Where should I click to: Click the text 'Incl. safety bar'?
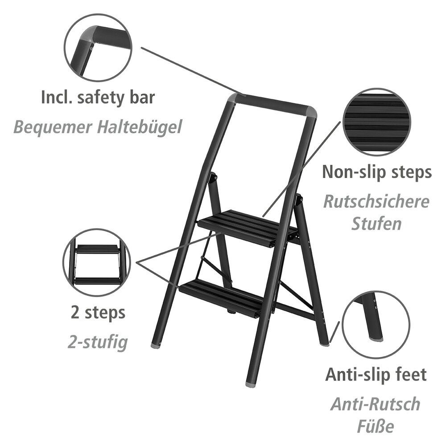click(x=98, y=97)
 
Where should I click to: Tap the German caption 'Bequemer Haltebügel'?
click(x=98, y=127)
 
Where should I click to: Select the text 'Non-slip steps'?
click(x=377, y=172)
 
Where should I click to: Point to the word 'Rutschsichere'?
click(x=376, y=201)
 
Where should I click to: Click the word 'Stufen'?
click(x=376, y=224)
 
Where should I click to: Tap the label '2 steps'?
click(x=98, y=313)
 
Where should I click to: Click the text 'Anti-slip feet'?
click(x=376, y=374)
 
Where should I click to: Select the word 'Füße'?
click(x=376, y=426)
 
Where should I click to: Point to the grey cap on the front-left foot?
click(x=155, y=345)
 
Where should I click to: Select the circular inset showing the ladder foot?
click(x=376, y=325)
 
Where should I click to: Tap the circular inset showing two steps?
click(x=97, y=262)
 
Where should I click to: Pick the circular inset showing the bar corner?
click(x=98, y=48)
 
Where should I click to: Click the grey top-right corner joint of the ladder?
click(x=311, y=112)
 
